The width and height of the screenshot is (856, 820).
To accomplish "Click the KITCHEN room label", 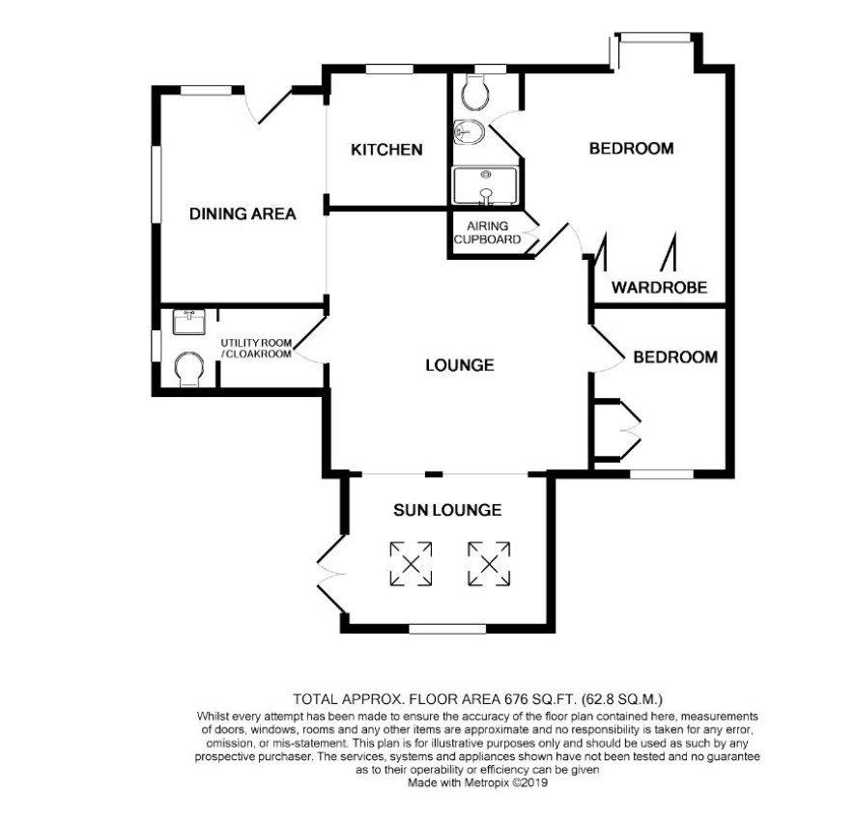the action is click(386, 150).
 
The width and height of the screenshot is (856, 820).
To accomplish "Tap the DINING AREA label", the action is click(243, 213).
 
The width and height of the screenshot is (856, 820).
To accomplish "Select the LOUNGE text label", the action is click(460, 365).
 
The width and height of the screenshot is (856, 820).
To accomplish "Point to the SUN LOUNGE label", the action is click(447, 510).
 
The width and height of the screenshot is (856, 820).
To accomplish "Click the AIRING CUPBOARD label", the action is click(488, 233).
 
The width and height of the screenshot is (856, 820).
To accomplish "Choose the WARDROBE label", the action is click(660, 288).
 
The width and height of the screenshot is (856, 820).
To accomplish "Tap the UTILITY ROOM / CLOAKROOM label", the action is click(256, 348).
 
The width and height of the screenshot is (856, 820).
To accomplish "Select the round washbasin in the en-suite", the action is click(469, 132).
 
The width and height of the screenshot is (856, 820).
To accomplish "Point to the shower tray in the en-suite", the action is click(485, 186).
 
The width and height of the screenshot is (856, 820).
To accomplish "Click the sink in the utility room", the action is click(189, 322).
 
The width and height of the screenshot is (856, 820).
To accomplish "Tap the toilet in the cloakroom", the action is click(190, 369).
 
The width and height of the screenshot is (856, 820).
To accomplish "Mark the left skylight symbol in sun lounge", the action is click(411, 564).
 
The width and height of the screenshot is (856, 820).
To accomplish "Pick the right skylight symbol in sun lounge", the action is click(489, 564).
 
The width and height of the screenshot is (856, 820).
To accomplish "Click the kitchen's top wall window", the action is click(389, 70).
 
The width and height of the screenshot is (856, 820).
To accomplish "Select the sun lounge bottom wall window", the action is click(447, 629).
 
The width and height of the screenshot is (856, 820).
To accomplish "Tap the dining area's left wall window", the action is click(157, 184).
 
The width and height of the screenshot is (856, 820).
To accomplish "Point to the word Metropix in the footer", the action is click(487, 783).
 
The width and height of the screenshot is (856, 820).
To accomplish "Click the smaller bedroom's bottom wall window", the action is click(662, 474).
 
